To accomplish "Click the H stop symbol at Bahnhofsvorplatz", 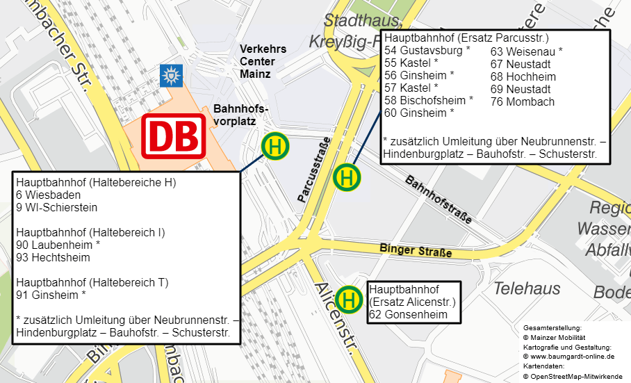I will pyautogui.click(x=275, y=147).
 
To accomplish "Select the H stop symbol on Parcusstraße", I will pyautogui.click(x=347, y=177).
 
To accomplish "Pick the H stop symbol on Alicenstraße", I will pyautogui.click(x=350, y=300).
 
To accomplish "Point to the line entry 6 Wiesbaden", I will pyautogui.click(x=47, y=195).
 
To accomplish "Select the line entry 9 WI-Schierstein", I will pyautogui.click(x=56, y=207).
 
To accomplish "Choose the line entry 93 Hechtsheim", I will pyautogui.click(x=53, y=257).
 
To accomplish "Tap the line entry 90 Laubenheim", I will pyautogui.click(x=58, y=245).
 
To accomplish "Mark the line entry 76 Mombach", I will pyautogui.click(x=523, y=101).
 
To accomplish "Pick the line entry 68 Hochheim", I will pyautogui.click(x=523, y=76).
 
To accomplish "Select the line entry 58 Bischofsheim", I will pyautogui.click(x=429, y=100).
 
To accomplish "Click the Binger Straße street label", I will pyautogui.click(x=416, y=250).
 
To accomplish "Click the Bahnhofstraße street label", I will pyautogui.click(x=438, y=199).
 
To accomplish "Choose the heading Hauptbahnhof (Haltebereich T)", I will pyautogui.click(x=92, y=282).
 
